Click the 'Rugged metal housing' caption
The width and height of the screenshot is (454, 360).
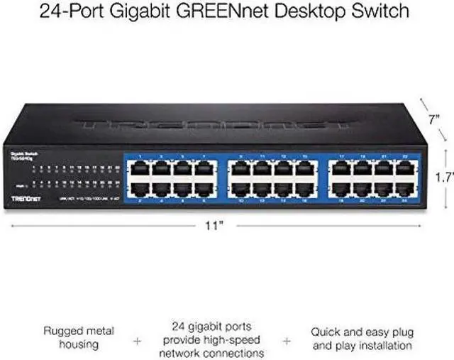click(77, 337)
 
